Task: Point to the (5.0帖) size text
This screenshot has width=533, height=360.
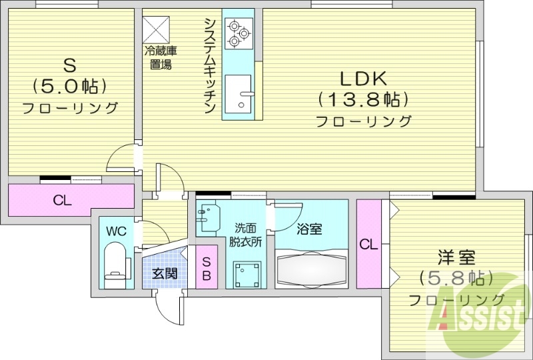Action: (69, 87)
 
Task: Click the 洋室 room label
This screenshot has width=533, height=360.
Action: (456, 255)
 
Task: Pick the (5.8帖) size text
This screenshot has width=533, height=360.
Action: (456, 277)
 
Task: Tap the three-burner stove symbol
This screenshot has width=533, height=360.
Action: (238, 33)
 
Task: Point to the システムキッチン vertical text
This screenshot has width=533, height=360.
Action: (209, 67)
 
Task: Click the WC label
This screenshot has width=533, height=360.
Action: (117, 231)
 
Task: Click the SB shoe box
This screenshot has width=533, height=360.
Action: (207, 267)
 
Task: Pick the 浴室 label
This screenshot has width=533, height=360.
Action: (309, 229)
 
